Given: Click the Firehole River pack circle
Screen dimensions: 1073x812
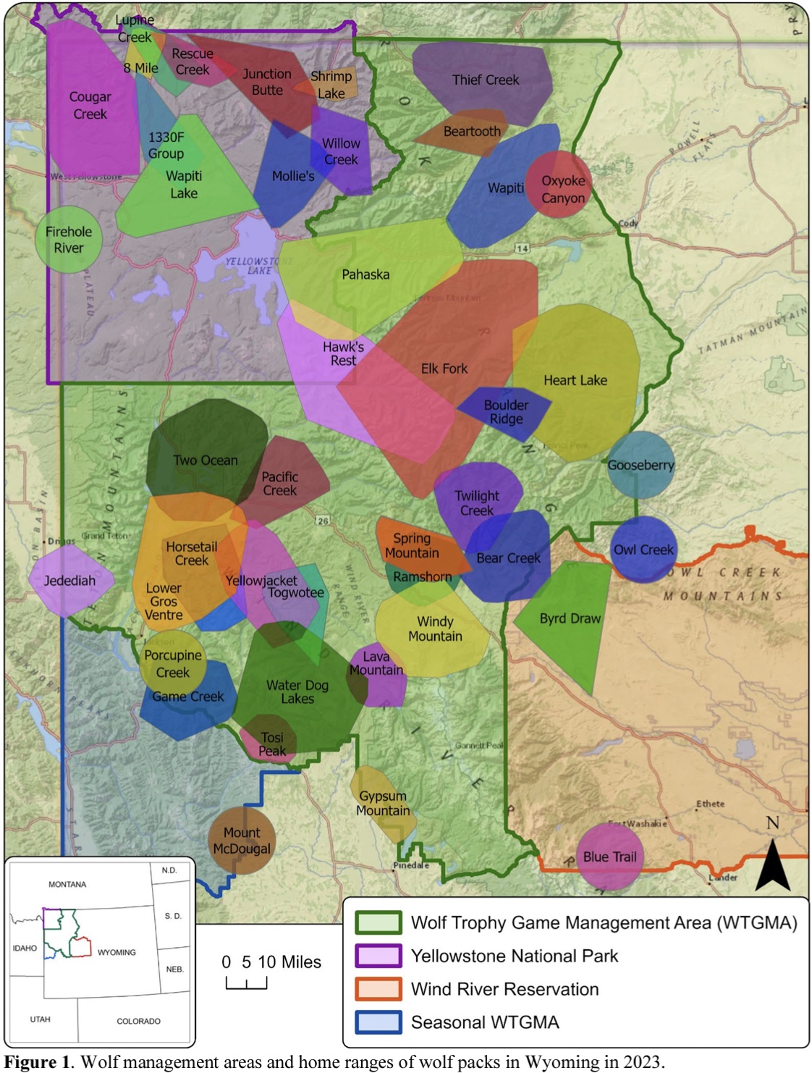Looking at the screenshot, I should (x=68, y=240).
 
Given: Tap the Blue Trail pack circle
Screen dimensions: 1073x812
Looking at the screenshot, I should (x=609, y=857).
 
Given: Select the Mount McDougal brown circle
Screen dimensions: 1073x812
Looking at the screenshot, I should (x=242, y=841).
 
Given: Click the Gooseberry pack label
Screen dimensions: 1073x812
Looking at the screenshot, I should (x=640, y=466).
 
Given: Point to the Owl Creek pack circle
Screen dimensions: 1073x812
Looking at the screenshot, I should (x=643, y=550).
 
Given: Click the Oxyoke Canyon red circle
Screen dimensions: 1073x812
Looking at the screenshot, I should (x=559, y=185).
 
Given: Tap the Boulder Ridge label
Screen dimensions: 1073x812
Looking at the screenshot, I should (x=506, y=412).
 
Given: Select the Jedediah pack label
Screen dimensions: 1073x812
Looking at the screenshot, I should (x=69, y=581).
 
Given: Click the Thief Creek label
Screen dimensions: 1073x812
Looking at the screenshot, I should (x=486, y=80).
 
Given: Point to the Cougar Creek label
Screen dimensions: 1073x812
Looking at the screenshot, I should (x=90, y=106).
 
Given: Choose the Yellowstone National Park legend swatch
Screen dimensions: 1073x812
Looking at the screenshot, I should (x=378, y=956).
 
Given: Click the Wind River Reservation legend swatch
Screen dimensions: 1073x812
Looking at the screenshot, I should (x=378, y=989).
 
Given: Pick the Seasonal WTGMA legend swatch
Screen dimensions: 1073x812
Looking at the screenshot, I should (x=378, y=1022).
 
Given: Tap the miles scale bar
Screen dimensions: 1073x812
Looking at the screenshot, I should (x=246, y=982).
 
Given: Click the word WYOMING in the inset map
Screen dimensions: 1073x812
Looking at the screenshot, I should (x=117, y=952).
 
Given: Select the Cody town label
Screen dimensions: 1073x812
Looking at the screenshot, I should (x=628, y=223).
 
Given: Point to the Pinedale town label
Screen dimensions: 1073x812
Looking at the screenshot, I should (x=411, y=865).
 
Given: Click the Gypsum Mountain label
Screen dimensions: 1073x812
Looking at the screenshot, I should (x=383, y=804).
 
